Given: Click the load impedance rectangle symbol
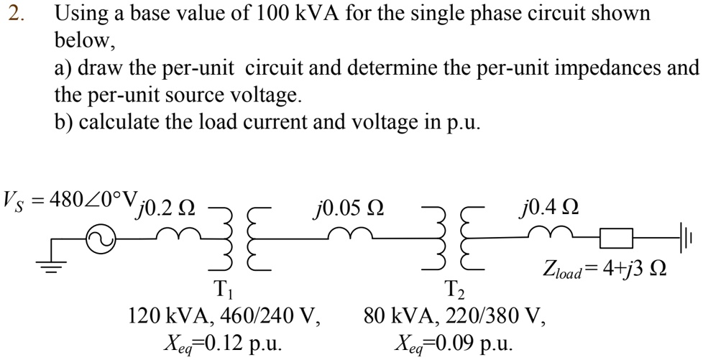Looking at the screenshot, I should (x=616, y=238).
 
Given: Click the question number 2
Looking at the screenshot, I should (x=15, y=14).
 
